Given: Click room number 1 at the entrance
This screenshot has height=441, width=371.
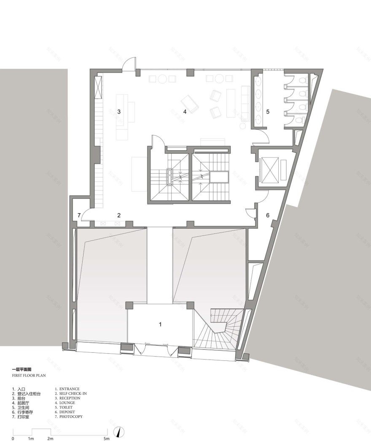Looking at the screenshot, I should pyautogui.click(x=160, y=324).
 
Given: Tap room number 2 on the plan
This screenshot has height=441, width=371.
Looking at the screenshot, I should pyautogui.click(x=119, y=215).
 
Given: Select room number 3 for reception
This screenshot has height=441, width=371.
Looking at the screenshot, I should pyautogui.click(x=119, y=112).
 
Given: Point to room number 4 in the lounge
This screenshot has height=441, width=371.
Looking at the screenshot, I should pyautogui.click(x=185, y=112).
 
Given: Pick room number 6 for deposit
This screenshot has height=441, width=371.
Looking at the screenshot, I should pyautogui.click(x=267, y=215).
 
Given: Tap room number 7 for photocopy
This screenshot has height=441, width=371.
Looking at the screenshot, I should pyautogui.click(x=79, y=215).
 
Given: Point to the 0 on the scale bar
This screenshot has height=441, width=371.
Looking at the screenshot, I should pyautogui.click(x=13, y=439).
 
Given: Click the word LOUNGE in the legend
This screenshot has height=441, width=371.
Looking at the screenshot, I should pyautogui.click(x=67, y=403).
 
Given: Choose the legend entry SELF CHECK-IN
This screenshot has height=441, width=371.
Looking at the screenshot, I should pyautogui.click(x=73, y=393).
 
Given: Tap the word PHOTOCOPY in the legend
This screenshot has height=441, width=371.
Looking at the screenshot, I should pyautogui.click(x=71, y=417).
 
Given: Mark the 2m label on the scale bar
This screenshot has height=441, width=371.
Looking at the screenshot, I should pyautogui.click(x=50, y=439).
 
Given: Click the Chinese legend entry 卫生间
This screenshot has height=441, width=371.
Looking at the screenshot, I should pyautogui.click(x=23, y=408).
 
